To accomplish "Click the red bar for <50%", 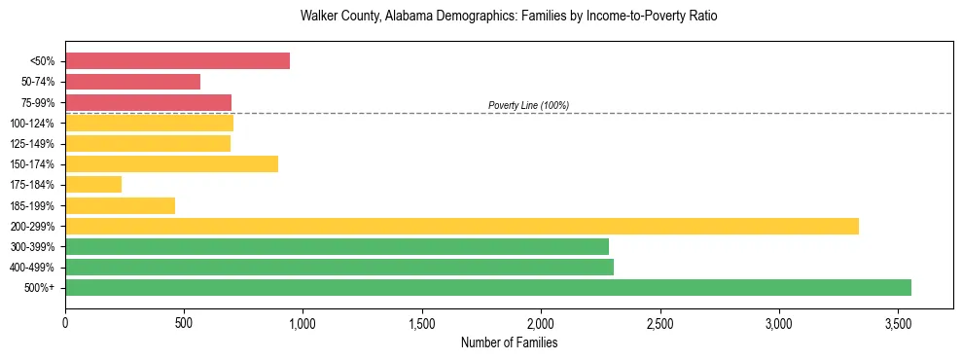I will click(x=177, y=61).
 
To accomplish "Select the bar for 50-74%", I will click(x=132, y=82).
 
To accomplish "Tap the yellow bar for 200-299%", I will click(x=462, y=226).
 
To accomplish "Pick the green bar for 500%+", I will click(x=488, y=287).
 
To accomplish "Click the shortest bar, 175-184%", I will click(x=93, y=184).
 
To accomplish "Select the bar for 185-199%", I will click(x=120, y=205).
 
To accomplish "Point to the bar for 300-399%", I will click(x=337, y=246).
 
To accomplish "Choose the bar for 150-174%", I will click(x=171, y=163).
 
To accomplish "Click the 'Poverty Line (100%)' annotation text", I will click(x=528, y=105).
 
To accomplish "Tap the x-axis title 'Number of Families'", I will click(x=509, y=342).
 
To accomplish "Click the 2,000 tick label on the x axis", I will click(x=541, y=322).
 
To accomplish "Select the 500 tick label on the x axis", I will click(x=184, y=322).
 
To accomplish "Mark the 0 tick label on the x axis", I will click(x=65, y=322).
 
